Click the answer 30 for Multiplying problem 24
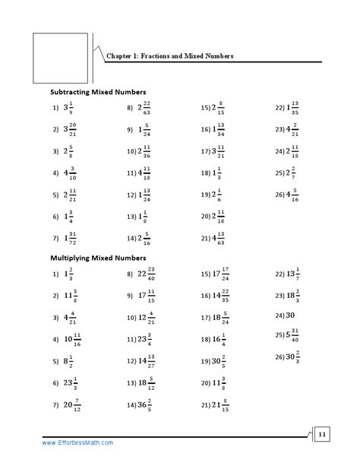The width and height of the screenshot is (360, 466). tap(290, 314)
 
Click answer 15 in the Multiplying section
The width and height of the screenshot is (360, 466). tap(221, 274)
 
